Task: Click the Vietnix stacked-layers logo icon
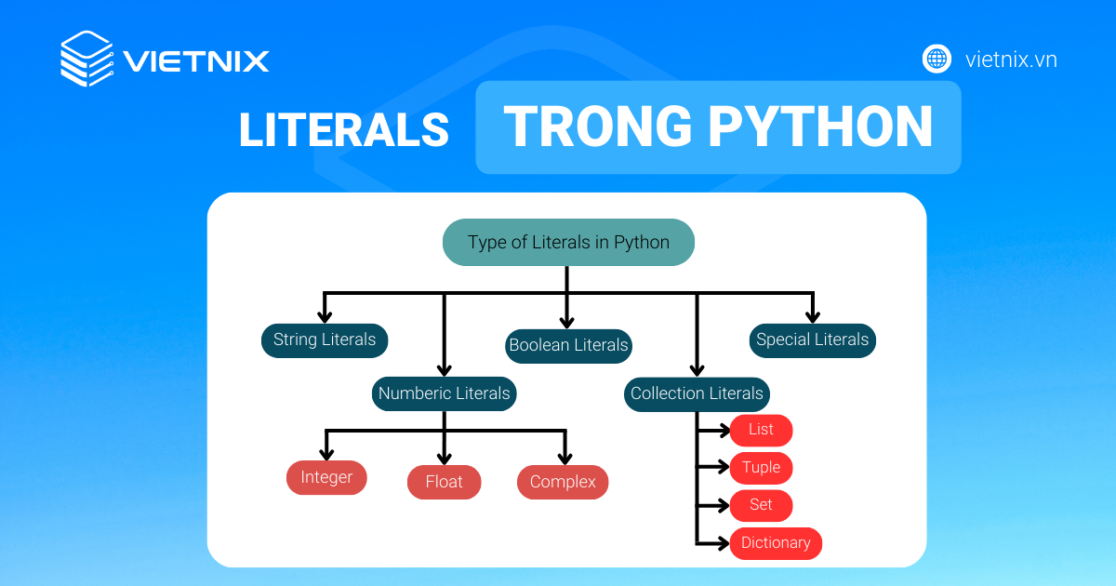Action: point(86,60)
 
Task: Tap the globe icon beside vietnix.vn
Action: point(937,60)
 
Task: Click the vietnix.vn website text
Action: point(1011,60)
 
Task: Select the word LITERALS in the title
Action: point(343,130)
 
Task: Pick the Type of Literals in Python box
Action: point(568,243)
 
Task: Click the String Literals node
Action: point(325,340)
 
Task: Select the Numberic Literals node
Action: point(445,393)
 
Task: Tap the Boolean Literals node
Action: point(568,346)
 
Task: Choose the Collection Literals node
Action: point(697,393)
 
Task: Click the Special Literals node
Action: point(812,340)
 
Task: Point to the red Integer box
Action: point(326,478)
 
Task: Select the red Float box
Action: point(445,483)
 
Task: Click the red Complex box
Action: point(563,482)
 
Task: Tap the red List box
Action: point(761,430)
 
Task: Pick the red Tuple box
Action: point(761,468)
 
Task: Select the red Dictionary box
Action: point(776,543)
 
